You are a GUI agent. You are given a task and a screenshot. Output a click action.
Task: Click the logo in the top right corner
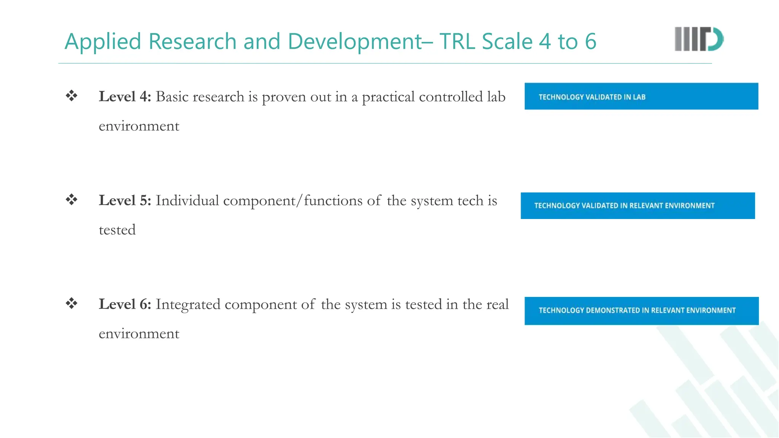[699, 39]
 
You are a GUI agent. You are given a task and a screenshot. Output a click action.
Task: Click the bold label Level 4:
[125, 97]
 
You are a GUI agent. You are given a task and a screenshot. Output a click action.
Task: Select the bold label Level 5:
[125, 200]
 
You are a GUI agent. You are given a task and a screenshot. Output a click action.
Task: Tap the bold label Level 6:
[125, 304]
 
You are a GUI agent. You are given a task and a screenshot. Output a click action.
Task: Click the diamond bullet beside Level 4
[72, 95]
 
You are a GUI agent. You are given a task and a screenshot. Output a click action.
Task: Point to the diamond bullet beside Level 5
[72, 199]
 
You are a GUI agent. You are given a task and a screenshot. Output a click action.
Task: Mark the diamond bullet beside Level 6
[72, 303]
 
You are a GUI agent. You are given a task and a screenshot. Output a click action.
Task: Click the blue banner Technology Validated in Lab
[641, 96]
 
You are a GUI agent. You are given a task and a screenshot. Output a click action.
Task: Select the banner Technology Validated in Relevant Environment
[638, 206]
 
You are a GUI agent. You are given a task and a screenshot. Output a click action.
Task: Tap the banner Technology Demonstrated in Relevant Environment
[641, 311]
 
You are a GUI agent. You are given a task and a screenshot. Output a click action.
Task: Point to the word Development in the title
[355, 42]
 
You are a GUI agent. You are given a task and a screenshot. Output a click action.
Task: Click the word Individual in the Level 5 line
[187, 200]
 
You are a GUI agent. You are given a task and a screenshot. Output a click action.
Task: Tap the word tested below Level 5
[117, 230]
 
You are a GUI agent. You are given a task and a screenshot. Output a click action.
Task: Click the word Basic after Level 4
[172, 97]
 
